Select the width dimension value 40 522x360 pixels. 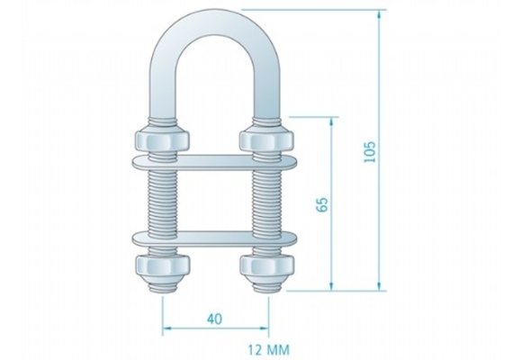pyautogui.click(x=215, y=317)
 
